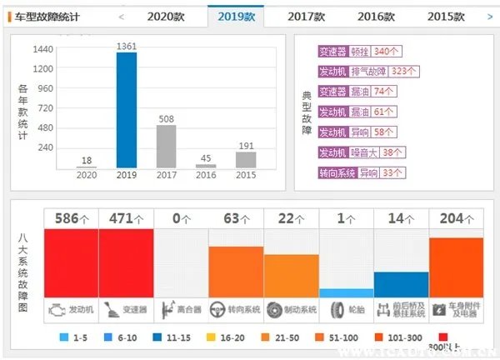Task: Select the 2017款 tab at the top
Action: [312, 16]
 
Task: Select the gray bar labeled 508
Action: [166, 147]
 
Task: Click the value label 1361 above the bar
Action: [126, 46]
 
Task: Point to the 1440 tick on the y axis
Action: [42, 49]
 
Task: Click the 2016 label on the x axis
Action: [206, 175]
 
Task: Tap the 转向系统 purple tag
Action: [337, 172]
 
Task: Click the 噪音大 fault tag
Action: [363, 152]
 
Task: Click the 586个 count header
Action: [71, 218]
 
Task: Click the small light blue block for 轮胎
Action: [346, 293]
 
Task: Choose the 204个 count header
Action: [456, 218]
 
